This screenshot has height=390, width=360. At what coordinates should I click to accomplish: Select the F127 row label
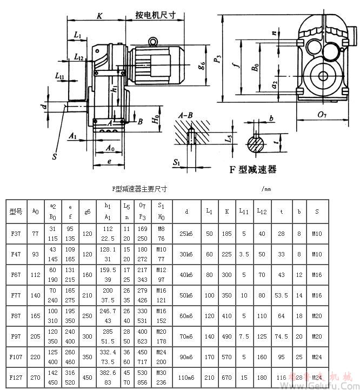15,376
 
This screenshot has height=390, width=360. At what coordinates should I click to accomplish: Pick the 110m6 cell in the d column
186,376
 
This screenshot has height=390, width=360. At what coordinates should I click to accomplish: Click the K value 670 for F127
227,376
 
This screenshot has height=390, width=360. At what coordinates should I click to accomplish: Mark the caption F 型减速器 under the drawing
253,170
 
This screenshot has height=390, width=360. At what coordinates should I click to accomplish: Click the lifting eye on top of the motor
154,41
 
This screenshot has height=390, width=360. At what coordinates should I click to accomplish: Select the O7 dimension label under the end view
322,114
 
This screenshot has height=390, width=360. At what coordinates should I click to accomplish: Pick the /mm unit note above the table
265,189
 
